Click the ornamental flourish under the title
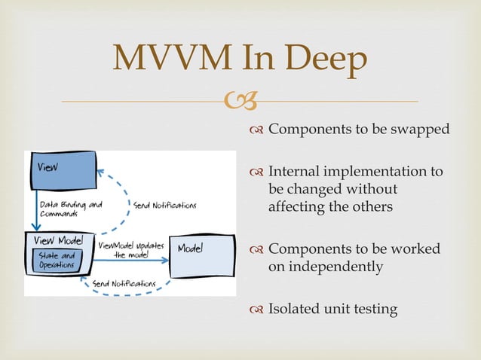coord(240,101)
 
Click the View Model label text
coord(59,241)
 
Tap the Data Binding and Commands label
coord(66,209)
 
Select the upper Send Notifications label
coord(164,205)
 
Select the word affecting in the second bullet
coord(298,206)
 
